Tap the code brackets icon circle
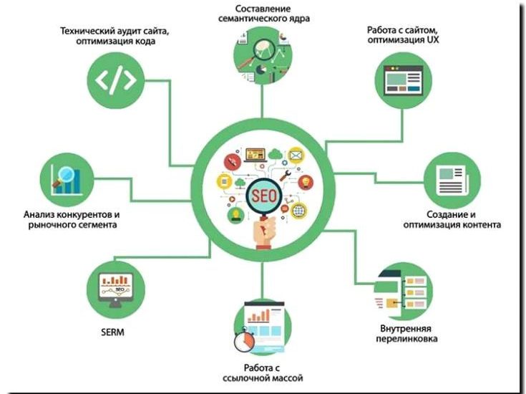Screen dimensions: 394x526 pyautogui.click(x=115, y=80)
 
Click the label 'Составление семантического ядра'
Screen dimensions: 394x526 pyautogui.click(x=263, y=12)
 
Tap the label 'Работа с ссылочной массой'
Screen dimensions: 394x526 pyautogui.click(x=263, y=373)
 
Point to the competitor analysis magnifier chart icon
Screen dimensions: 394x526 pyautogui.click(x=69, y=178)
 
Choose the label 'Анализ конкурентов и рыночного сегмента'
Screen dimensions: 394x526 pyautogui.click(x=71, y=219)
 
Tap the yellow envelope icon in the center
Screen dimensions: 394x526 pyautogui.click(x=295, y=155)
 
